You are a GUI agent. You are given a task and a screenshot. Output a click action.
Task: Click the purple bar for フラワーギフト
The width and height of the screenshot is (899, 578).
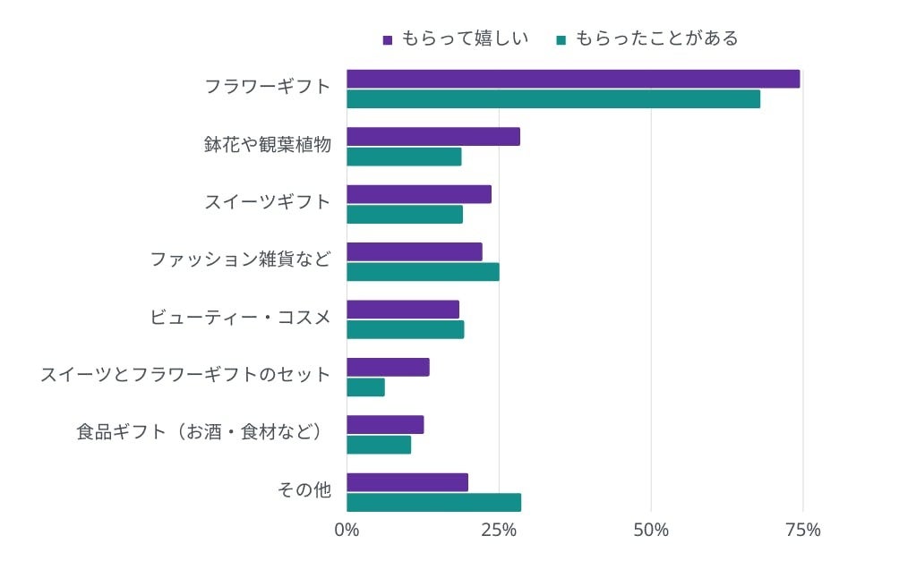573,79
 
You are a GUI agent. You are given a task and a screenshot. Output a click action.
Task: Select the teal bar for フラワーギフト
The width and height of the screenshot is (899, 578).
553,99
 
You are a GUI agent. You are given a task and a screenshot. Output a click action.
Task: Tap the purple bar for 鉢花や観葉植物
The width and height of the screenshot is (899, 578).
433,137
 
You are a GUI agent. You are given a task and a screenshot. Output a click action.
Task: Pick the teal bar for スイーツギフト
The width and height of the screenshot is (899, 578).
405,215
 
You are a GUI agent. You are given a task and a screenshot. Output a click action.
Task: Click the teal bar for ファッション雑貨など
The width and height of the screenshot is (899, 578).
423,272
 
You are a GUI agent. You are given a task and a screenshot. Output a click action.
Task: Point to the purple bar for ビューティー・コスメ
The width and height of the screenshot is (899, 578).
403,310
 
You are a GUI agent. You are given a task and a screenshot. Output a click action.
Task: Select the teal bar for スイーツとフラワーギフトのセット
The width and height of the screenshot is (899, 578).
365,387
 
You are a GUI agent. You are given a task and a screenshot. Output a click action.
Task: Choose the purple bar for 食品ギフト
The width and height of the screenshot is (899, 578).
385,425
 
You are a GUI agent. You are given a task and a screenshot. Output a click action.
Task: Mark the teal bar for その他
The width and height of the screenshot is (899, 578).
433,503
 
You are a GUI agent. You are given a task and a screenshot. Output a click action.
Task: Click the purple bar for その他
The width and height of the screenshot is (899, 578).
407,482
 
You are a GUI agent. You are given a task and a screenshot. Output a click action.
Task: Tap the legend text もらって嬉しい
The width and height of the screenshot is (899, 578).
464,38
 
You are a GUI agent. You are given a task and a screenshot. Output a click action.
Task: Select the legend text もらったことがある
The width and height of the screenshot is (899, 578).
656,38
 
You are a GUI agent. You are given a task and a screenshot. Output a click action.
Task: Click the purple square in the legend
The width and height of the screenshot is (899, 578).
388,39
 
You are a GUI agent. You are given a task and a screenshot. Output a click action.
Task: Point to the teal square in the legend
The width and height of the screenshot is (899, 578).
561,39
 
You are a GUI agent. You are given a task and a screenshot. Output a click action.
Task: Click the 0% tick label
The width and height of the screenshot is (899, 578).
347,530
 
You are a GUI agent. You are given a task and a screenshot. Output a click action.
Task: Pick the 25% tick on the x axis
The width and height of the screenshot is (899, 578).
499,530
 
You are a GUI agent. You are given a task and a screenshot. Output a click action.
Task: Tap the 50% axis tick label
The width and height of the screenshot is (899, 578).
651,530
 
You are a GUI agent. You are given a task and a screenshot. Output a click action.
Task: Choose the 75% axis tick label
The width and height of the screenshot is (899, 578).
802,530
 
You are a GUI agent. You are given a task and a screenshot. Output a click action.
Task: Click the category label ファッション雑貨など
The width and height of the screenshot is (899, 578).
240,260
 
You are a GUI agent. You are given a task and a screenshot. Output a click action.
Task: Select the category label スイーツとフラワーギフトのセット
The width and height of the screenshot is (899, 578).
185,375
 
